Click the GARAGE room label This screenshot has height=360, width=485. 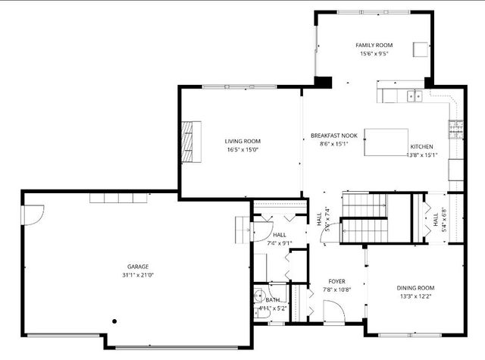[x=137, y=266]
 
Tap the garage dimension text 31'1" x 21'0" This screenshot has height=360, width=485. [x=137, y=274]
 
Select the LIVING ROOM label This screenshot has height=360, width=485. [x=242, y=141]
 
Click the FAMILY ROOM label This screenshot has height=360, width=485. [x=374, y=45]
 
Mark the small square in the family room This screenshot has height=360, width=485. [x=420, y=50]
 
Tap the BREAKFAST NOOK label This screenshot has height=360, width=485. [x=333, y=136]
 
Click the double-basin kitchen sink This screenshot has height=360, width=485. [x=413, y=95]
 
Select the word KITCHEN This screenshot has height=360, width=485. [x=421, y=146]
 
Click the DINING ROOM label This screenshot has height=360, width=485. [x=415, y=288]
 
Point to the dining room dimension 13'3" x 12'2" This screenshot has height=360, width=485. [x=415, y=296]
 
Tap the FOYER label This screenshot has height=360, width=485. [x=336, y=281]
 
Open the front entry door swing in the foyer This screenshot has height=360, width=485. [x=333, y=310]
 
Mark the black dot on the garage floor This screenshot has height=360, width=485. [x=114, y=320]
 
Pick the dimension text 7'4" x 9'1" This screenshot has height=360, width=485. [x=279, y=243]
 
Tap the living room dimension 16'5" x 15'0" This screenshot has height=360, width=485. [x=242, y=149]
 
